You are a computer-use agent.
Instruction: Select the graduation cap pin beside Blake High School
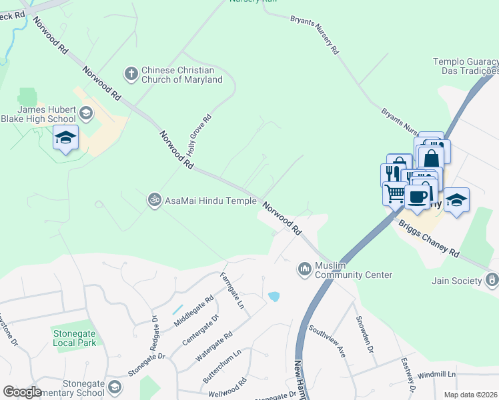(x=65, y=138)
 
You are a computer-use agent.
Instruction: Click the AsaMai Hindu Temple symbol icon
(x=154, y=200)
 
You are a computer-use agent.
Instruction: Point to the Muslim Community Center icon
(x=304, y=268)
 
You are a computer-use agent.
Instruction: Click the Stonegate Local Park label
(x=74, y=337)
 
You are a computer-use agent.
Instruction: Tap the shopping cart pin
(x=394, y=194)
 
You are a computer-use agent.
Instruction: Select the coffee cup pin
(x=418, y=197)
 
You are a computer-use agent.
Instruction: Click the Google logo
(x=23, y=392)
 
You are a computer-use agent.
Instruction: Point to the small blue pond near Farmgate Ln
(x=274, y=296)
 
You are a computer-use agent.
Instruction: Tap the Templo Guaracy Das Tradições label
(x=466, y=65)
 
